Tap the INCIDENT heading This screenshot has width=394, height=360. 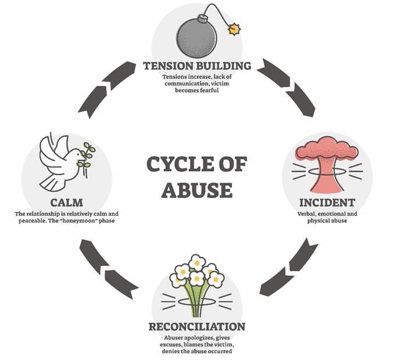click(327, 203)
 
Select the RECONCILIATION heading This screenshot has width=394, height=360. click(196, 326)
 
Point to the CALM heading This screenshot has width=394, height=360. click(66, 203)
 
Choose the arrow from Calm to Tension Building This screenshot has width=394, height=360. click(107, 87)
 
